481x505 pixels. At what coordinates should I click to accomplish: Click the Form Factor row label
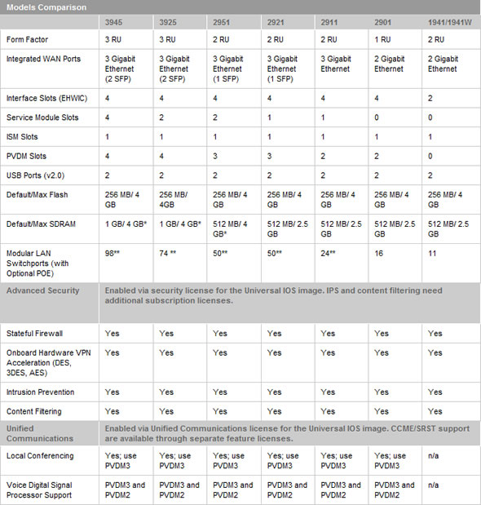(27, 40)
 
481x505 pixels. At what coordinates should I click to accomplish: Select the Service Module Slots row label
(42, 117)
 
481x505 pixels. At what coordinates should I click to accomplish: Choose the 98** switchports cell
(114, 255)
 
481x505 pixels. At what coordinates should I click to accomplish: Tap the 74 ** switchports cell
(168, 255)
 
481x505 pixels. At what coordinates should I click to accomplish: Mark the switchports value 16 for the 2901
(379, 255)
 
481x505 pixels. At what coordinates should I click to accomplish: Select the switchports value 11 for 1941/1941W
(432, 255)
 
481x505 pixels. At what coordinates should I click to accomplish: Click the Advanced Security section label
(42, 290)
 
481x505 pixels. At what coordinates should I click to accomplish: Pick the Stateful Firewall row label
(34, 334)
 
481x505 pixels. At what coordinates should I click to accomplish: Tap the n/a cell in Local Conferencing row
(434, 455)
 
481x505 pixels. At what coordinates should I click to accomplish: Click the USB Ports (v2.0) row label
(35, 175)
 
